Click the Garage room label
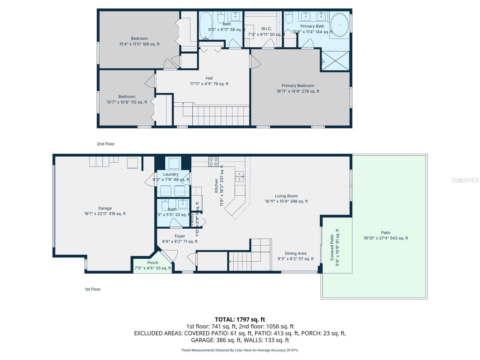coord(105,208)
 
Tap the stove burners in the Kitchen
coord(214,162)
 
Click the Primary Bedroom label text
coord(298,86)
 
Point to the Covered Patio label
coord(332,247)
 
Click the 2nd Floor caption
coord(106,144)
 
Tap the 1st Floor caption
coord(92,289)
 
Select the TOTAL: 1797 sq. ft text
coord(240,319)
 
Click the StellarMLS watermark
coord(465,180)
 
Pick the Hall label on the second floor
coord(209,78)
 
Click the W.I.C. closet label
coord(266,29)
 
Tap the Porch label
coord(153,263)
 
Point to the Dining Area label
coord(295,253)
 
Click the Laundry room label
coord(171,174)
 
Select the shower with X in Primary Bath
coord(335,61)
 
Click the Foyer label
coord(180,236)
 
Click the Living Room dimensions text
coord(286,202)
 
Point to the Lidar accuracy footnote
coord(240,350)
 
